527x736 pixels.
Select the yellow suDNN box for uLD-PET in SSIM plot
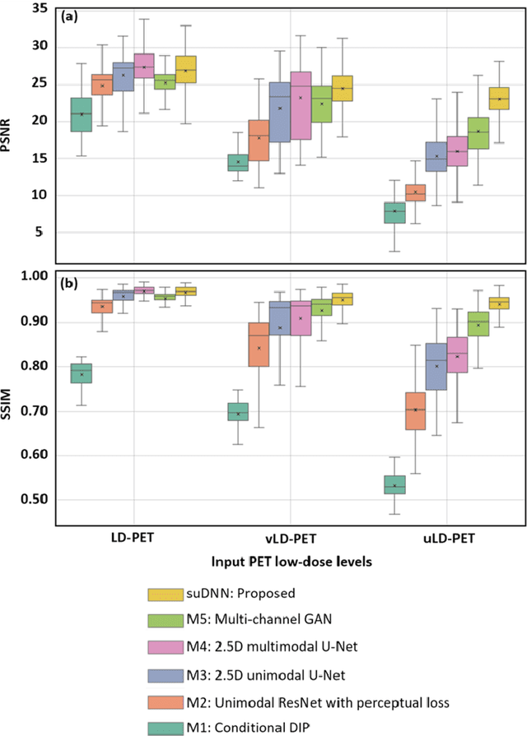pyautogui.click(x=499, y=303)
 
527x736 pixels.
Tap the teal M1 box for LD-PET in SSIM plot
pyautogui.click(x=81, y=373)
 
